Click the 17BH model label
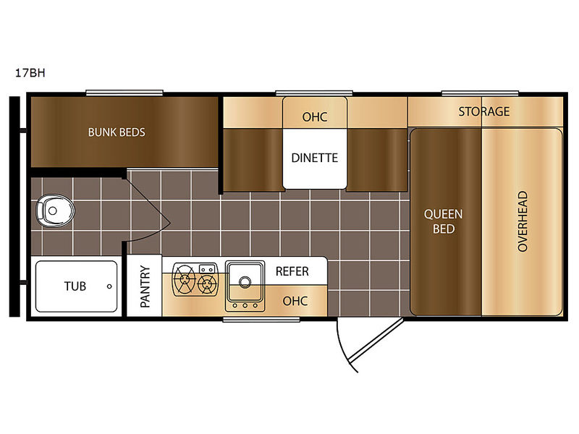coord(30,73)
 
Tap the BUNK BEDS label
coord(117,132)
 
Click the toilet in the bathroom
coord(55,210)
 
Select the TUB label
coord(75,286)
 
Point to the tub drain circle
coord(109,286)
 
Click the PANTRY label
coord(145,286)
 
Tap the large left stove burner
coord(184,278)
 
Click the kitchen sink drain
coord(245,282)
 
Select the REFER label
coord(292,271)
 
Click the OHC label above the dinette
coord(315,117)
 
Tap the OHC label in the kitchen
coord(295,301)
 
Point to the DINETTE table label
coord(315,158)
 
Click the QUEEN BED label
coord(443,221)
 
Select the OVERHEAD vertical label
coord(523,221)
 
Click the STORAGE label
coord(484,111)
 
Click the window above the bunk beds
coord(124,93)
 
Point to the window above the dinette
coord(314,93)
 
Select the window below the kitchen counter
coord(261,320)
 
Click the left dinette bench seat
coord(253,160)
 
